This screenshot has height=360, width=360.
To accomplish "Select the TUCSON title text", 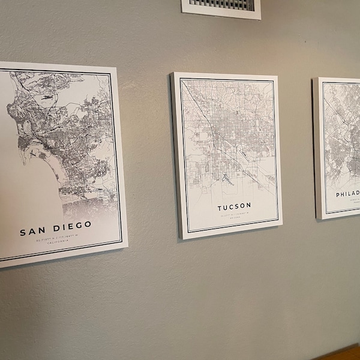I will pyautogui.click(x=234, y=206).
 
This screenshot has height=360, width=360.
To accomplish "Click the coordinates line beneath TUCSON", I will pyautogui.click(x=235, y=212).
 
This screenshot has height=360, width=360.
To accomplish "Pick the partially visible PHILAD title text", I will pyautogui.click(x=347, y=194).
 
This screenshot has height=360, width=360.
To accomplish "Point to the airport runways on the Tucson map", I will pyautogui.click(x=227, y=178).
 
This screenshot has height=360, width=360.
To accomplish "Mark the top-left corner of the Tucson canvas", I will pyautogui.click(x=172, y=73).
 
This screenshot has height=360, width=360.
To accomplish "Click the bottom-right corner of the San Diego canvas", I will pyautogui.click(x=128, y=245).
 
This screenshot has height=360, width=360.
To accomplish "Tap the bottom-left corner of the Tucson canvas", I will pyautogui.click(x=181, y=239).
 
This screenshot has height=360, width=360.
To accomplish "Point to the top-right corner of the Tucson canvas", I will pyautogui.click(x=277, y=76).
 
